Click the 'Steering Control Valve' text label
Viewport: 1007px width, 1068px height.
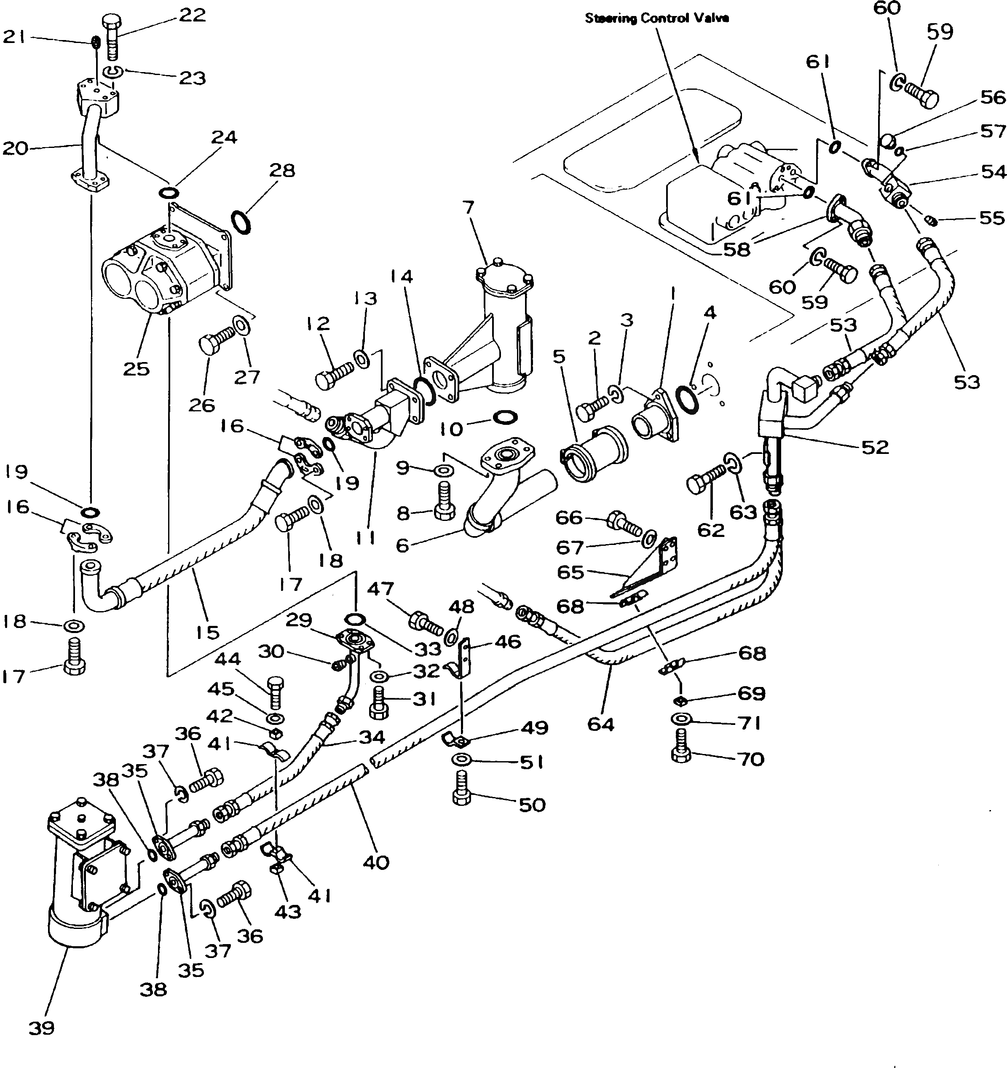[x=656, y=18]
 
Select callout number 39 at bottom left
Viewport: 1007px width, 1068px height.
[x=41, y=1028]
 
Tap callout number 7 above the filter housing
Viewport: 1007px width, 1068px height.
[x=469, y=207]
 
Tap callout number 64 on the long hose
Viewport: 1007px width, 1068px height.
[x=600, y=724]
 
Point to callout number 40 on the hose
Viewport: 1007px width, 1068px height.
[x=375, y=862]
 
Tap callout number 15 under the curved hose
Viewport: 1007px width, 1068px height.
[x=207, y=632]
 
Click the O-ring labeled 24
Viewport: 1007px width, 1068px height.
[x=168, y=192]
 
